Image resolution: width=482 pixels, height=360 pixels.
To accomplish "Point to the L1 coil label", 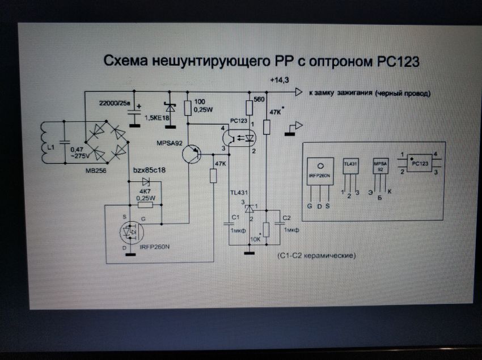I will [x=52, y=146].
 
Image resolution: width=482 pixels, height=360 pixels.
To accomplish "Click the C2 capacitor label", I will [x=286, y=218].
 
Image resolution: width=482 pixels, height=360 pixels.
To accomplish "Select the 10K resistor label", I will [x=255, y=239].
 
